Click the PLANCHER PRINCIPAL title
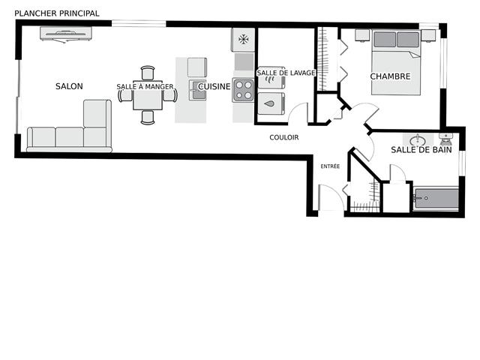coord(57,13)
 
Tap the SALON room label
coord(69,86)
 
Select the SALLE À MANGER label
coord(145,87)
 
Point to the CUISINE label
coord(214,87)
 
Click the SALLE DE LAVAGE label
coord(286,73)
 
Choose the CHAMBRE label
coord(390,76)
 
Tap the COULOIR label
coord(284,137)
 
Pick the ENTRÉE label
coord(330,166)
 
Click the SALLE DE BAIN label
coord(421,150)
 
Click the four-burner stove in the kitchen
coord(243,90)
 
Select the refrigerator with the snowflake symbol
coord(243,40)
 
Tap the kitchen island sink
coord(197,90)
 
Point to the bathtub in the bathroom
coord(436,198)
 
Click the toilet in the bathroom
coord(445,139)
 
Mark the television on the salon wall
coord(66,34)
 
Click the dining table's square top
coord(148,95)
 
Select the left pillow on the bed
coord(385,40)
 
